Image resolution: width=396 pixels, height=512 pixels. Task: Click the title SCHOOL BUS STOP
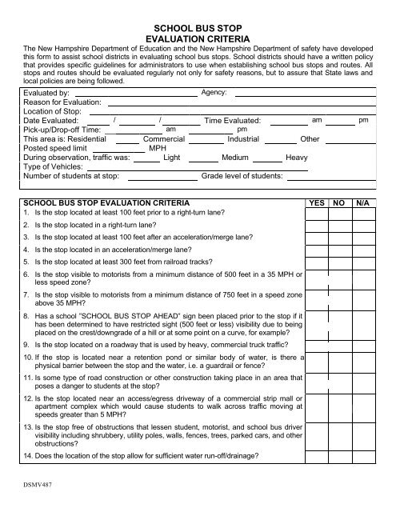198,26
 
